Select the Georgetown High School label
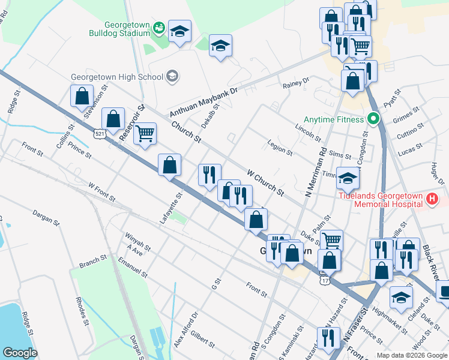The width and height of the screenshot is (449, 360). tap(117, 77)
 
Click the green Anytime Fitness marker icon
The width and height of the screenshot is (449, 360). tap(372, 119)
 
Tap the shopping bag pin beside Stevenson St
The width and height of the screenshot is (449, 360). tap(81, 95)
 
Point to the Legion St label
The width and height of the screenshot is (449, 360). tap(280, 149)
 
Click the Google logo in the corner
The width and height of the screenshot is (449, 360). tap(20, 352)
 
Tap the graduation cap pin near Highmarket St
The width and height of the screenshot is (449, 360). tap(401, 296)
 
